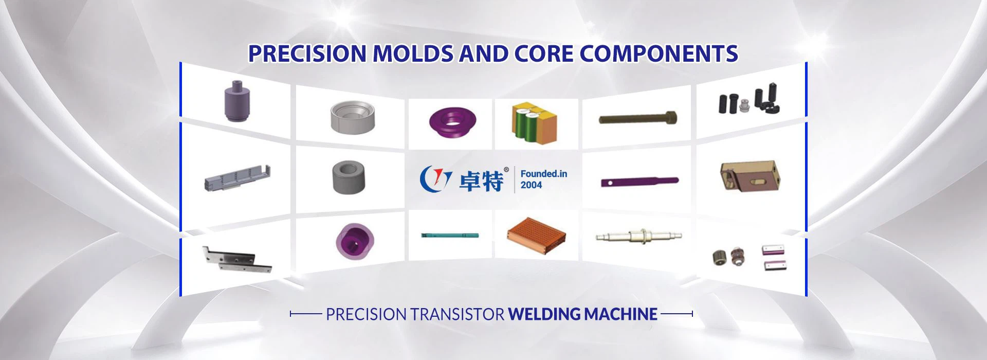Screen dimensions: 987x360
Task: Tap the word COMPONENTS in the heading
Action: (x=659, y=53)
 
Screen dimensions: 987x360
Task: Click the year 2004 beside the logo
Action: (x=531, y=185)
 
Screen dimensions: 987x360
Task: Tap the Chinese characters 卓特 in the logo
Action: (x=481, y=181)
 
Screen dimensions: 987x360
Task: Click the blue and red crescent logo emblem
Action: (x=435, y=178)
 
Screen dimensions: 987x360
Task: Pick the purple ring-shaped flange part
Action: (x=452, y=123)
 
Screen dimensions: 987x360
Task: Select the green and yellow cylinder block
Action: (x=534, y=123)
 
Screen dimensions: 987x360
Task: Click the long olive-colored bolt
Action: (x=637, y=118)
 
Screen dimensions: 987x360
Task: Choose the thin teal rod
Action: (x=450, y=236)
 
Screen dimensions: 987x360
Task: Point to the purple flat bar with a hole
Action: (x=639, y=182)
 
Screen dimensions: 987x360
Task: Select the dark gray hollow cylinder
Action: (x=348, y=177)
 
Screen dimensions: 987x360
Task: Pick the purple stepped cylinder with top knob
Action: (x=237, y=101)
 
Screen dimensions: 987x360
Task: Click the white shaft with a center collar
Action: (x=638, y=236)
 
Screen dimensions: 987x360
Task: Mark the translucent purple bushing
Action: (x=355, y=240)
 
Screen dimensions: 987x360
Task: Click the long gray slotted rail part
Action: (x=237, y=177)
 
